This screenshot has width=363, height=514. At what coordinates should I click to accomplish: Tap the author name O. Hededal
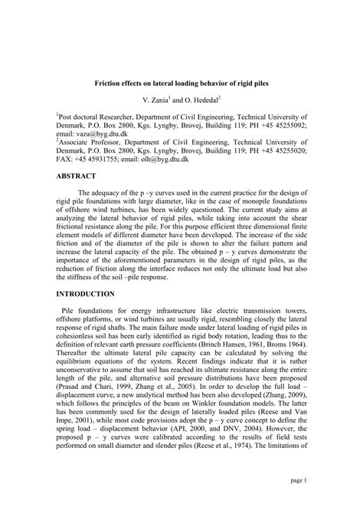point(201,100)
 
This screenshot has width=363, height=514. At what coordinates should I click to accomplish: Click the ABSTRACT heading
point(81,196)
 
